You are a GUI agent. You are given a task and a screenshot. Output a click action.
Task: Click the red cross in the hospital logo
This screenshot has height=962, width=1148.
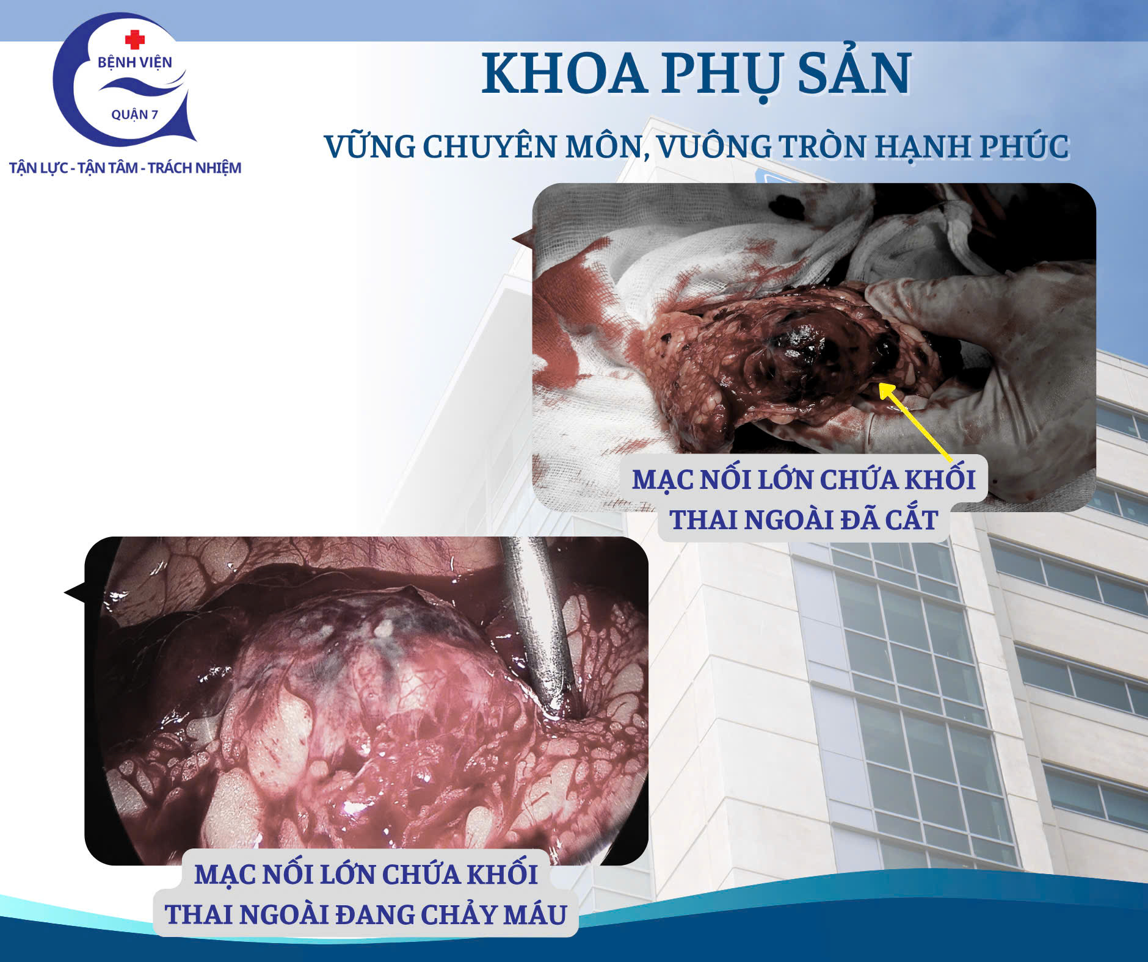[x=135, y=40]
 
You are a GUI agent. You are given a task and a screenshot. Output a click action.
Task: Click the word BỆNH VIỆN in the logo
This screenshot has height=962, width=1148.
[x=135, y=62]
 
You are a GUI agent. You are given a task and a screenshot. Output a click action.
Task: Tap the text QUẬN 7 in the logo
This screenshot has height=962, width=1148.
[x=134, y=115]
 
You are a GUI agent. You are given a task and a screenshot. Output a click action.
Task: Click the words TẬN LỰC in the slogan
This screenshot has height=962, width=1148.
[x=38, y=168]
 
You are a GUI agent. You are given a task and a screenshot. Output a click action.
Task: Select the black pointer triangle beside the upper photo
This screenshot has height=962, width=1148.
[x=523, y=239]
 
